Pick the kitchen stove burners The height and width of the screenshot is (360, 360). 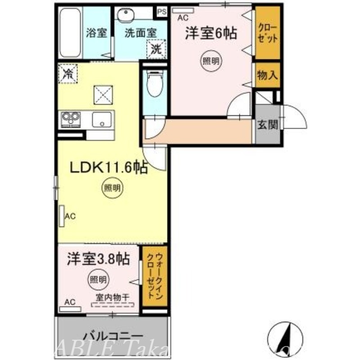(70, 119)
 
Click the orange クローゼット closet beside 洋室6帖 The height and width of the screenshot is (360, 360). (267, 32)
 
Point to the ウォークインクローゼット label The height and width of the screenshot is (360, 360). (153, 275)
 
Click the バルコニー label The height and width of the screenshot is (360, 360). (113, 336)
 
